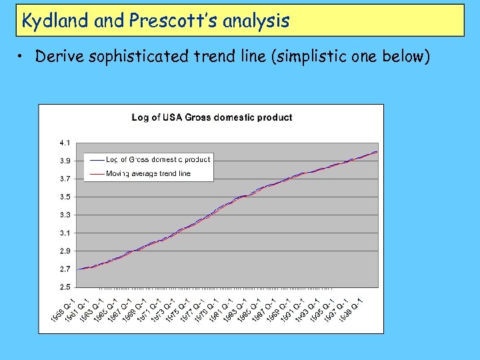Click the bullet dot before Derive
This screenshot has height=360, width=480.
point(22,57)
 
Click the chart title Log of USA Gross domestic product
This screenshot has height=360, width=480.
point(211,117)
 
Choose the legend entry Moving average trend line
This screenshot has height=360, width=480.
point(147,173)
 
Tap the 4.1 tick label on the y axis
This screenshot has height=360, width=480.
point(65,143)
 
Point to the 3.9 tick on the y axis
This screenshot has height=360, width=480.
point(65,161)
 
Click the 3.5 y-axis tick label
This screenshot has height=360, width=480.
point(65,197)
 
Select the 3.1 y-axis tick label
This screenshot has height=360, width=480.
point(65,233)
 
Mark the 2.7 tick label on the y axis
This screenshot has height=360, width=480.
point(65,269)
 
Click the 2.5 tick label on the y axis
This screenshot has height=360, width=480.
point(65,287)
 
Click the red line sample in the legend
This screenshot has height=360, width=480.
point(95,173)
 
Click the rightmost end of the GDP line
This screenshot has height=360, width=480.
point(377,152)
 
